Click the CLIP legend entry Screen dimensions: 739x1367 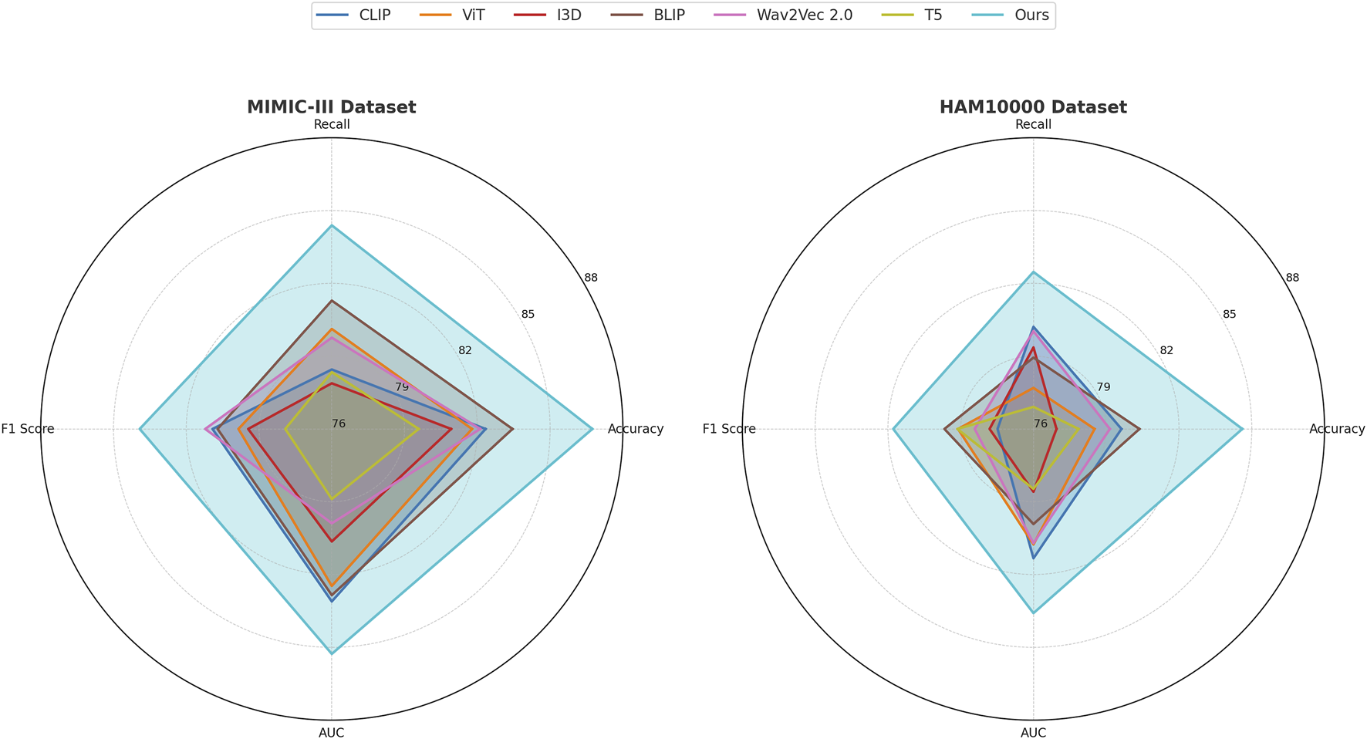click(x=356, y=15)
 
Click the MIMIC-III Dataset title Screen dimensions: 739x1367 click(x=331, y=107)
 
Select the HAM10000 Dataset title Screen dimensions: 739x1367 click(x=1033, y=107)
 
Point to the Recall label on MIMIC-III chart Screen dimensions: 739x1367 click(x=331, y=125)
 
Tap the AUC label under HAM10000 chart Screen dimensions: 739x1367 click(x=1033, y=733)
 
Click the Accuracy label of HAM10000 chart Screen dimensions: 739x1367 click(x=1337, y=429)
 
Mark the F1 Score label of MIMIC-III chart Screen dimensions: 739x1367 click(x=28, y=429)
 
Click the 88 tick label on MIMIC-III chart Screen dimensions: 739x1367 click(x=591, y=278)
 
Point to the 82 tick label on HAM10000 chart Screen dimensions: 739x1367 click(x=1166, y=350)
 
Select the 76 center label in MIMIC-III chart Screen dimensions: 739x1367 click(x=339, y=423)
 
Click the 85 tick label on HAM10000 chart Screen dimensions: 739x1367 click(x=1230, y=314)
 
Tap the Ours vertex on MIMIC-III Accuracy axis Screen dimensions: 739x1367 click(x=592, y=429)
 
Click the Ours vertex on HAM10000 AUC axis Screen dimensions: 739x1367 click(x=1033, y=612)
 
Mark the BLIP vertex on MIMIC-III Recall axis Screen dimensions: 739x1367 click(x=332, y=301)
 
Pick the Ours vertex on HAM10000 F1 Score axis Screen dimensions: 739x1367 click(x=893, y=429)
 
